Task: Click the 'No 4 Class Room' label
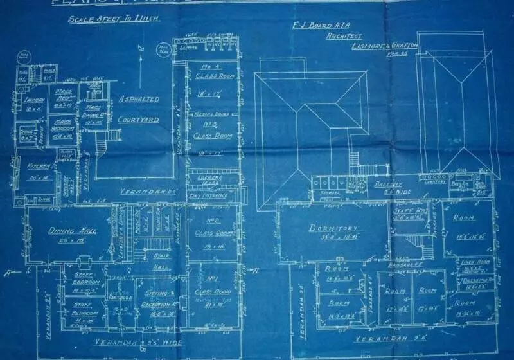208,71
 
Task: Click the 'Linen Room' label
475,263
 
